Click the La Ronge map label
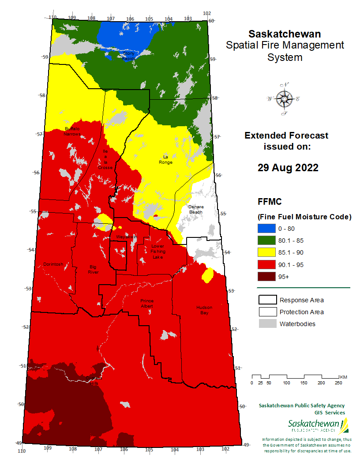pyautogui.click(x=166, y=159)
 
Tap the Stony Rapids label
pyautogui.click(x=131, y=56)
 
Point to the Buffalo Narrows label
pyautogui.click(x=72, y=131)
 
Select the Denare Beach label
pyautogui.click(x=195, y=209)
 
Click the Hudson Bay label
pyautogui.click(x=204, y=310)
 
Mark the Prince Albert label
pyautogui.click(x=147, y=303)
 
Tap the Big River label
pyautogui.click(x=93, y=269)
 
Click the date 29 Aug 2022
pyautogui.click(x=288, y=168)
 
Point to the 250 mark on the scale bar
pyautogui.click(x=339, y=383)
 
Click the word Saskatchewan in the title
pyautogui.click(x=285, y=34)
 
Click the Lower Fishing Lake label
pyautogui.click(x=157, y=252)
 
